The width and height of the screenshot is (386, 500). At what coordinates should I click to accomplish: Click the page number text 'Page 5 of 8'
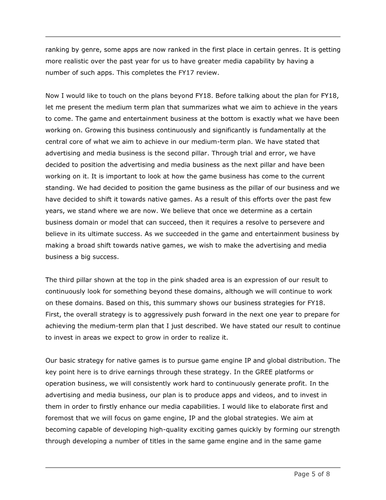(x=312, y=474)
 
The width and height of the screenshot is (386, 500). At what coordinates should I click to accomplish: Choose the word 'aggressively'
(x=155, y=314)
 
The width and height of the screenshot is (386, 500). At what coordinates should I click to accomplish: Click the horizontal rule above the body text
(x=193, y=37)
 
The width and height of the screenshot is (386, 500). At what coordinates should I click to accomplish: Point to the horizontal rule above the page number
(x=193, y=467)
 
